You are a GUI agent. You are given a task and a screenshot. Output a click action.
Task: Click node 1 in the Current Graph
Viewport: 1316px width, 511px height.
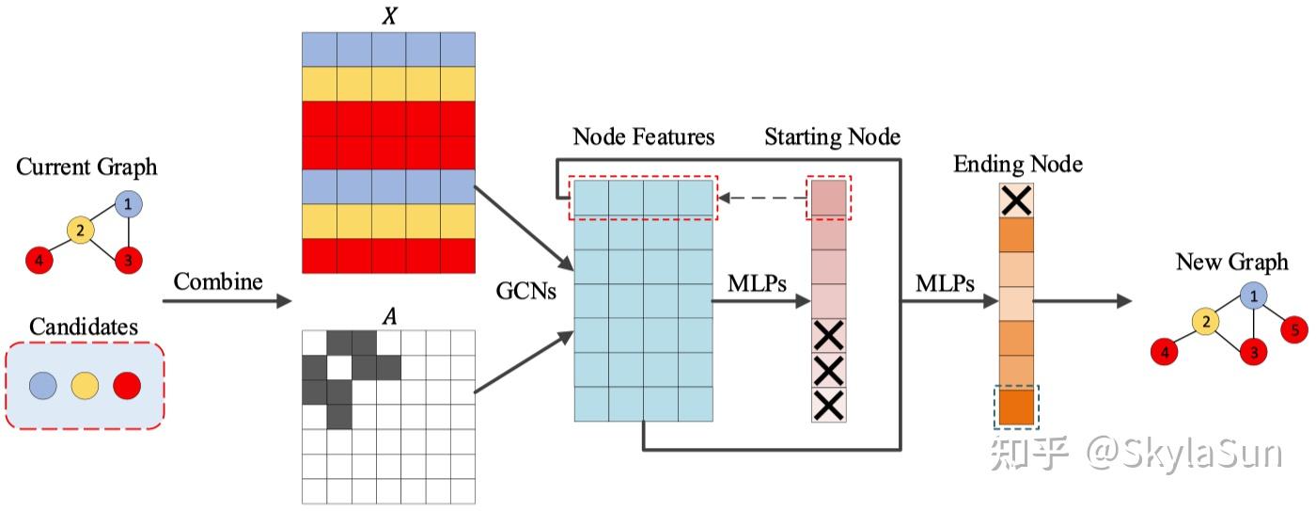(128, 204)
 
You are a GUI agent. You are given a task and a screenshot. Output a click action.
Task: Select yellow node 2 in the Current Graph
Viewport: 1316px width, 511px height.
(81, 230)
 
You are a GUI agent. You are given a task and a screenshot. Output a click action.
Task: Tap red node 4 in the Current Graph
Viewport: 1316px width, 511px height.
(39, 260)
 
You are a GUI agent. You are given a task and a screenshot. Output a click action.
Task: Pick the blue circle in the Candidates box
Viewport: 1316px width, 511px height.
(43, 386)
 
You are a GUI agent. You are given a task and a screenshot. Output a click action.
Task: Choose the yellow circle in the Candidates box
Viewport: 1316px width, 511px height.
(86, 386)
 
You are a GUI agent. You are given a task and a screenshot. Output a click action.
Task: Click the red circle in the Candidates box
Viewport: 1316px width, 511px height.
(127, 386)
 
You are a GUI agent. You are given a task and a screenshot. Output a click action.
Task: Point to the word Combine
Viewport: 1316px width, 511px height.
(218, 281)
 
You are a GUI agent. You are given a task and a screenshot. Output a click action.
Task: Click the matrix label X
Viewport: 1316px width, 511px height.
(389, 15)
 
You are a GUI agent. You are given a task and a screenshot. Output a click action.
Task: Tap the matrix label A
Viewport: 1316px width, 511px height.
(389, 317)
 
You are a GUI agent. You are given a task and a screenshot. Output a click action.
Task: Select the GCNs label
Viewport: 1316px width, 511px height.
(525, 291)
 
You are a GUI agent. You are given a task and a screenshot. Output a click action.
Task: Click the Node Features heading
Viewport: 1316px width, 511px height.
(644, 136)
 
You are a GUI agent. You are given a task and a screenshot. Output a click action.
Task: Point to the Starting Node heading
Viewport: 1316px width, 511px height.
(833, 136)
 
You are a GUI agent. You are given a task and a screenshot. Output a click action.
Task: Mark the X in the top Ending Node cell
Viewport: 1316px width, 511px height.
(1016, 200)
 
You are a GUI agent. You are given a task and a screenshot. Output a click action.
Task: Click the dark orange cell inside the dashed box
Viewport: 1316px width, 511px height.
(1016, 406)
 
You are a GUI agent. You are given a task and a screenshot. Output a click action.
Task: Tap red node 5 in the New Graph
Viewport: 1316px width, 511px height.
(1294, 329)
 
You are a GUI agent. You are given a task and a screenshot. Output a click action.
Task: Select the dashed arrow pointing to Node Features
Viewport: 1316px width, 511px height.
(763, 198)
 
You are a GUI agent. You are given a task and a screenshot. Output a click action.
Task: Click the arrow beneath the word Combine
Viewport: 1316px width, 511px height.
(227, 301)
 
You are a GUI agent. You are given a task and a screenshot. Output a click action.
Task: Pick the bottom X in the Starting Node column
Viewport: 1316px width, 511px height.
(829, 406)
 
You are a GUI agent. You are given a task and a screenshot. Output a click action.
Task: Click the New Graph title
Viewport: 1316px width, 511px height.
(1232, 262)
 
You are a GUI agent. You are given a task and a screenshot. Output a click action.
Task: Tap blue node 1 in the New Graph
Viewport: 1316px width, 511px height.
(1253, 295)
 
